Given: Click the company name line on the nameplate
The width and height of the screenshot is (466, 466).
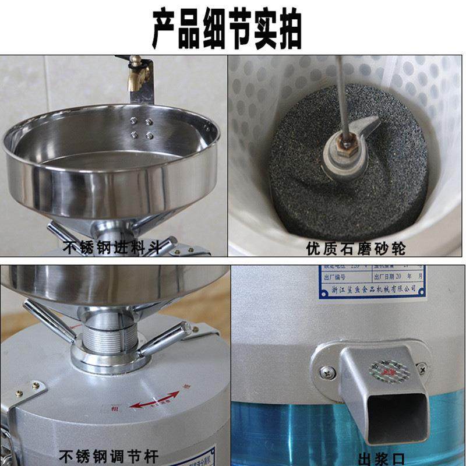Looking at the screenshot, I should click(x=373, y=288).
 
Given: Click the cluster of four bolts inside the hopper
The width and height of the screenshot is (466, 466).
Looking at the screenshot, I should click(x=141, y=128).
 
